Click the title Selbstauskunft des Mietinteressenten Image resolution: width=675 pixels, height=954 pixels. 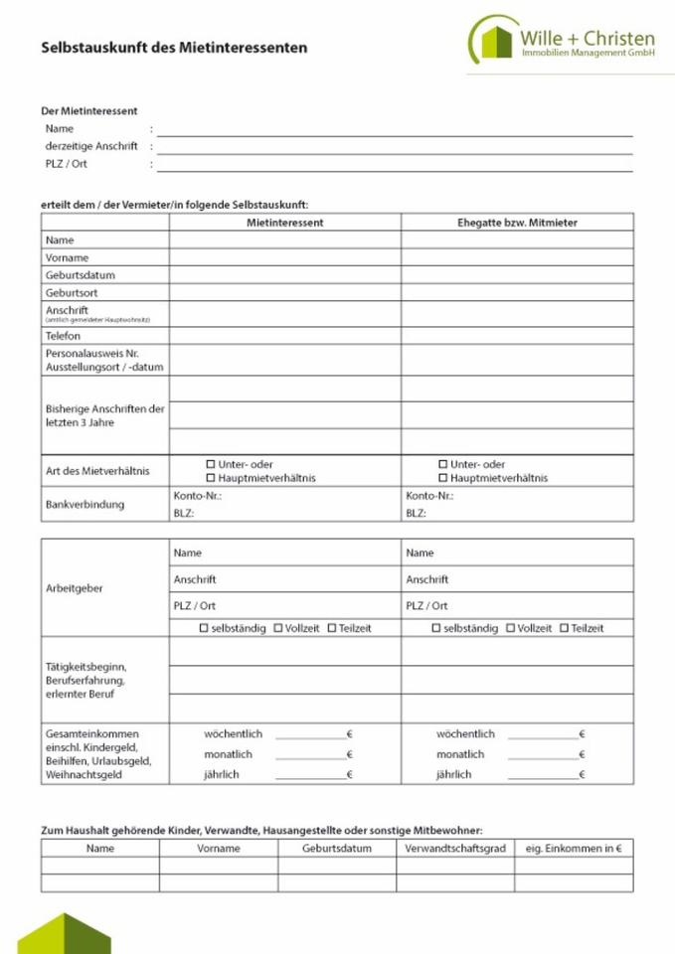tap(174, 47)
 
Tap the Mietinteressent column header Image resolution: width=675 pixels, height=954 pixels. tap(284, 223)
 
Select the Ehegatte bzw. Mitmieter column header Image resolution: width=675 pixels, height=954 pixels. tap(517, 223)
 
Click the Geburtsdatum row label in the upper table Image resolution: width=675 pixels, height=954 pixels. tap(74, 275)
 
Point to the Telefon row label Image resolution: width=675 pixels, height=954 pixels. tap(63, 336)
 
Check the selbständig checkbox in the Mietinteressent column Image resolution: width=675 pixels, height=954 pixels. tap(204, 628)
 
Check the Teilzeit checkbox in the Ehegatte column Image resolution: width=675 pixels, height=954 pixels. tap(564, 628)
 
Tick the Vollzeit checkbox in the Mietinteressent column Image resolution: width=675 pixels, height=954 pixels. tap(278, 628)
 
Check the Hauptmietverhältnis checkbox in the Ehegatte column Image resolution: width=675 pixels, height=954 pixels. tap(443, 478)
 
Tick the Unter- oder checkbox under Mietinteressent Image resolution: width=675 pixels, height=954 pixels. tap(211, 464)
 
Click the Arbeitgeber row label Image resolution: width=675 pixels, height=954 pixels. tap(74, 588)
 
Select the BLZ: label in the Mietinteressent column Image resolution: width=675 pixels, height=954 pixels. tap(183, 514)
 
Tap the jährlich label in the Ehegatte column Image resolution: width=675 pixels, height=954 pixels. tap(453, 774)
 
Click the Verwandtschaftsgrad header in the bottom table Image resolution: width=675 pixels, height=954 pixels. tap(454, 849)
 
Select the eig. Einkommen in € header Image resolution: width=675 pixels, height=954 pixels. tap(573, 849)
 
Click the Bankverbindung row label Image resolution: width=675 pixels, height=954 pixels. tap(84, 504)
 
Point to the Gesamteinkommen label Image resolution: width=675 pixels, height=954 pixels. tap(91, 734)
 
